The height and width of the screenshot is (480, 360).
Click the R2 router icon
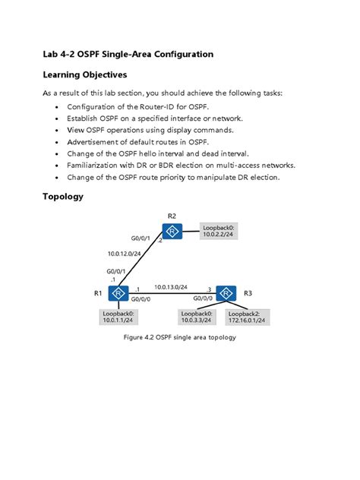173,230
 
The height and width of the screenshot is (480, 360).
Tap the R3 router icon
226,293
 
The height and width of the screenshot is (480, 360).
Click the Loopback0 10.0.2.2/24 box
219,231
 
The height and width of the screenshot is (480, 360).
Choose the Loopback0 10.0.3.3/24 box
197,317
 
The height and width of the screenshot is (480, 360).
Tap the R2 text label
172,215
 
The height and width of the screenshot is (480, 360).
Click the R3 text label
248,292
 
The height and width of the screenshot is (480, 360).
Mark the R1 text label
98,292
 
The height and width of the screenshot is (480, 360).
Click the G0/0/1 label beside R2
141,238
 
